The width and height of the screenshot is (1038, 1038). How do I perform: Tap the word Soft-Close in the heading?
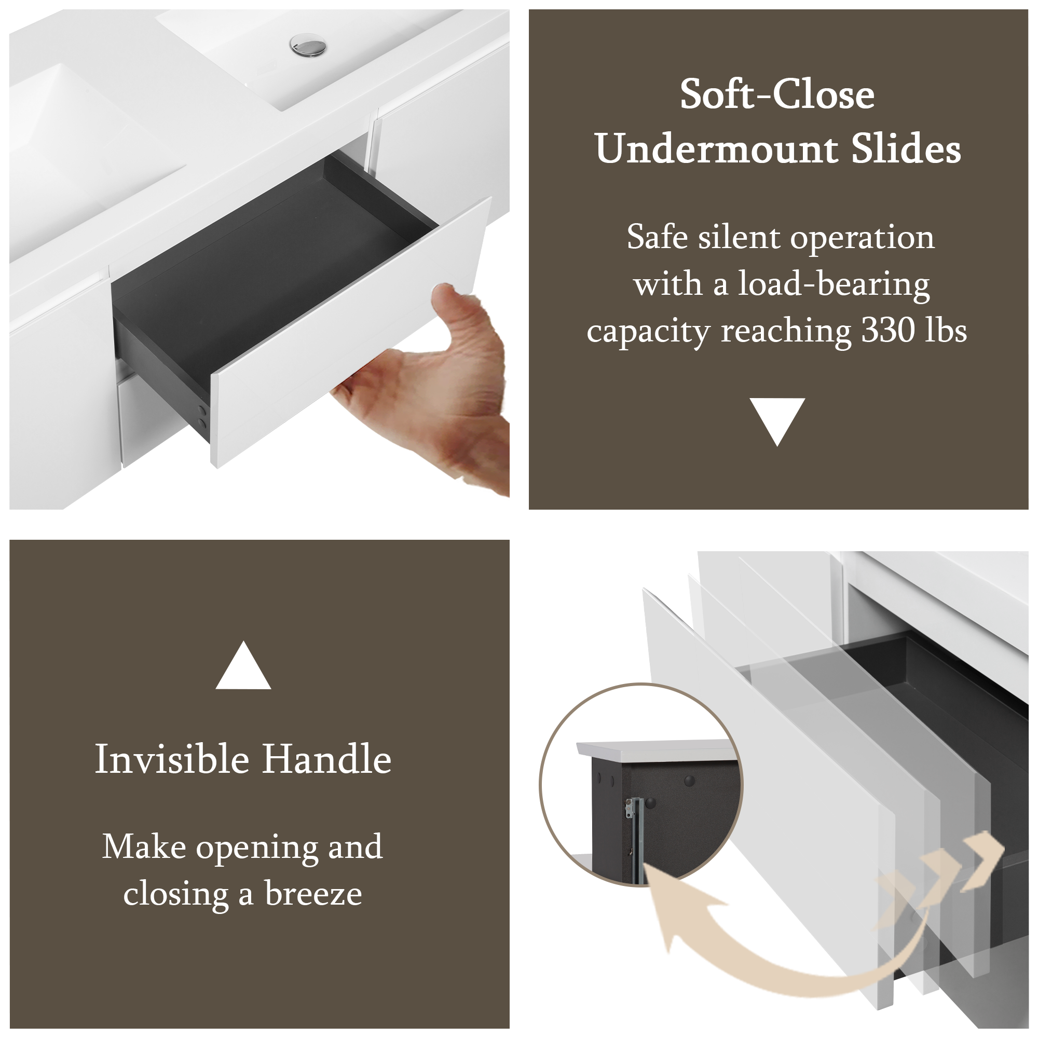(x=777, y=94)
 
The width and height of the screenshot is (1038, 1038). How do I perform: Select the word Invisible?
(x=172, y=759)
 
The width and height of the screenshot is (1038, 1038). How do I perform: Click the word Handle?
(x=326, y=759)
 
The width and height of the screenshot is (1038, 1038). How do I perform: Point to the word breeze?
(x=313, y=894)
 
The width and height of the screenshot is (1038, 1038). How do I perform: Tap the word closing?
(x=176, y=895)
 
